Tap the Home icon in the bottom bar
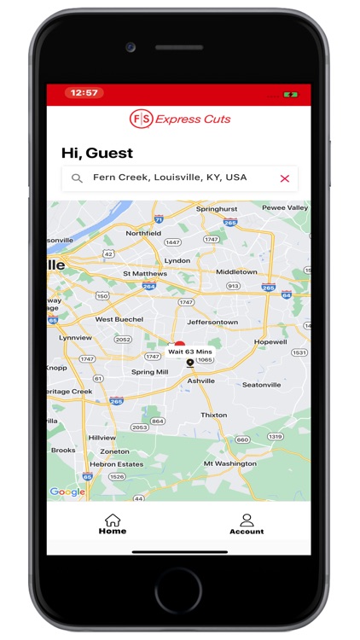(x=112, y=520)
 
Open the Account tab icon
(x=247, y=520)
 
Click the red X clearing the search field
(x=285, y=178)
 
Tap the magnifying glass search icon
(x=77, y=178)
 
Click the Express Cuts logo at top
(x=180, y=119)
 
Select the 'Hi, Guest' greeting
(x=97, y=153)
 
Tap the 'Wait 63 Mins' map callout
(x=189, y=352)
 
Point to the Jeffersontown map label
(x=211, y=323)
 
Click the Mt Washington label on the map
(x=229, y=463)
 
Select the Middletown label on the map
(x=236, y=272)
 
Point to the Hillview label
(x=102, y=438)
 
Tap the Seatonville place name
(x=261, y=385)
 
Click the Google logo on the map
(x=67, y=492)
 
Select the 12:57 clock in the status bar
(x=84, y=93)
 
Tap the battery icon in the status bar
(x=291, y=93)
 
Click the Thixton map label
(x=213, y=416)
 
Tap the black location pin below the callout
(x=190, y=364)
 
